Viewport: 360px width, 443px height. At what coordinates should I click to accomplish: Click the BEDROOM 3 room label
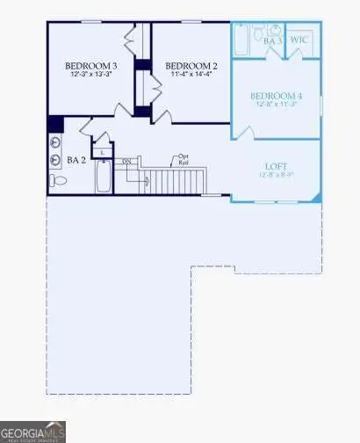pyautogui.click(x=92, y=66)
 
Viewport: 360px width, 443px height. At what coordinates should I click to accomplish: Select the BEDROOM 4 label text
pyautogui.click(x=276, y=96)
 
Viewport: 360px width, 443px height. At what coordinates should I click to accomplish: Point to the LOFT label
pyautogui.click(x=277, y=165)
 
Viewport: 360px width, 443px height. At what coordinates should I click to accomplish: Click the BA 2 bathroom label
pyautogui.click(x=76, y=161)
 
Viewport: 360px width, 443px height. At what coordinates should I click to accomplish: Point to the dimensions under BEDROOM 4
pyautogui.click(x=276, y=105)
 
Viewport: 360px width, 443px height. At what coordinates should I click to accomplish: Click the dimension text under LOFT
pyautogui.click(x=277, y=174)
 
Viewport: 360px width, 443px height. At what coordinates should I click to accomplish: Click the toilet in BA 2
pyautogui.click(x=59, y=181)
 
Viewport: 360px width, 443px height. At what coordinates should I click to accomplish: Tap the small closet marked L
pyautogui.click(x=103, y=151)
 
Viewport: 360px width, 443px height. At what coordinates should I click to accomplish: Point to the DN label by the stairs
pyautogui.click(x=126, y=161)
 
